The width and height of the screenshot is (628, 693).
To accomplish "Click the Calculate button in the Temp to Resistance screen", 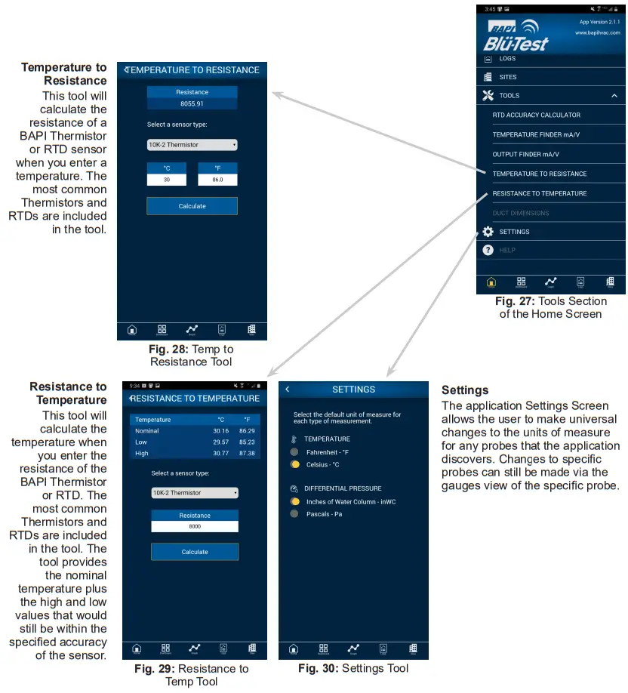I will point(192,206).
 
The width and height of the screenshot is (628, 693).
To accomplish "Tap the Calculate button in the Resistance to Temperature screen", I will point(195,552).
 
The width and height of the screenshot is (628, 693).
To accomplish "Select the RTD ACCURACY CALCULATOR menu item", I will point(536,115).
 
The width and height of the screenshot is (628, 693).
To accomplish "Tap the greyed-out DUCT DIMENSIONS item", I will point(521,213).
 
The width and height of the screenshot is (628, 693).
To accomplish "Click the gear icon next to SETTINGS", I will point(488,232).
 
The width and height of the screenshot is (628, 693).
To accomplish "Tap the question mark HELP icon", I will point(488,250).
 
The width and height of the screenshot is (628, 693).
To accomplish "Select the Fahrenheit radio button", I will point(294,451).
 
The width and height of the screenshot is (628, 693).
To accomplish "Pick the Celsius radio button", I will point(294,464).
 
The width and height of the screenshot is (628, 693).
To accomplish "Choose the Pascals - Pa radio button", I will point(294,514).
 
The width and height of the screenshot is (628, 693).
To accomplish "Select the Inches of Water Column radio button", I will point(294,501).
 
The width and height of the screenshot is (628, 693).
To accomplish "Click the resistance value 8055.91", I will point(192,103).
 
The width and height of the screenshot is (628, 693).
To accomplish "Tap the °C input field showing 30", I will point(166,180).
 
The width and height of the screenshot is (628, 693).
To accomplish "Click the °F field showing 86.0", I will point(217,180).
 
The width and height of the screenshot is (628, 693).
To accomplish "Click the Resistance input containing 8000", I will point(195,527).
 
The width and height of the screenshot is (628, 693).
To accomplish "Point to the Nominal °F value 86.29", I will point(247,430).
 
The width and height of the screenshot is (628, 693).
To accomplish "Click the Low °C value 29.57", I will point(221,442).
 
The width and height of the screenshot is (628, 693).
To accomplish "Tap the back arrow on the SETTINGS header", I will point(288,390).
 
